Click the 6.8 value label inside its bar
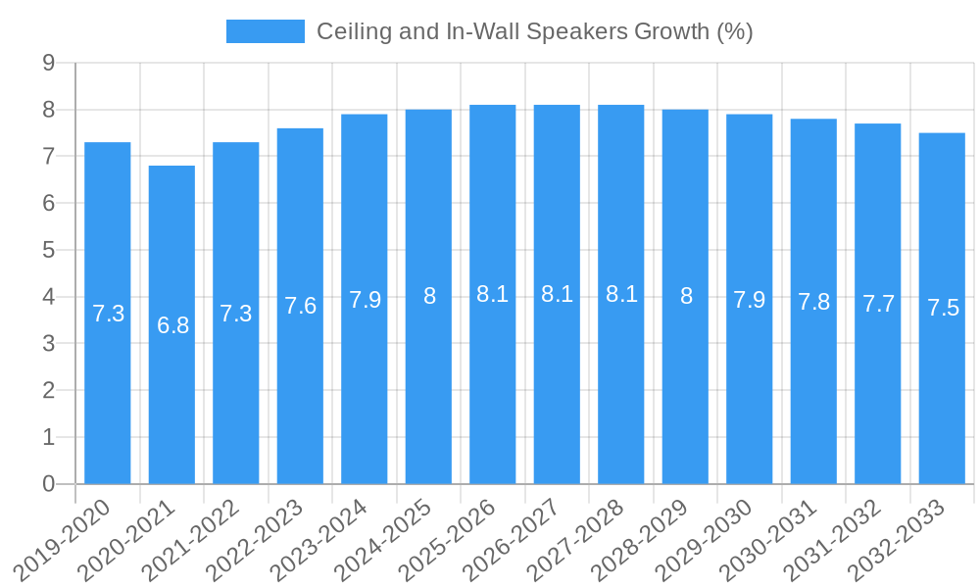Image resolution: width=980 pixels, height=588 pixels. (x=172, y=325)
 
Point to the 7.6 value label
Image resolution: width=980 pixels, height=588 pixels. (x=300, y=306)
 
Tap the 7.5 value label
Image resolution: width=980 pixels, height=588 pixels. (x=943, y=308)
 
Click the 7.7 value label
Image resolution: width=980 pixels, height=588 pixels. (x=878, y=304)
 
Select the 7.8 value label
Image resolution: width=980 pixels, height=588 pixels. (x=813, y=302)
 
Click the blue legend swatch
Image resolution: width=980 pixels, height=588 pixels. (x=265, y=31)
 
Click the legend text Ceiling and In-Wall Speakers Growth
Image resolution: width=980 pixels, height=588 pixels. (x=534, y=31)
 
